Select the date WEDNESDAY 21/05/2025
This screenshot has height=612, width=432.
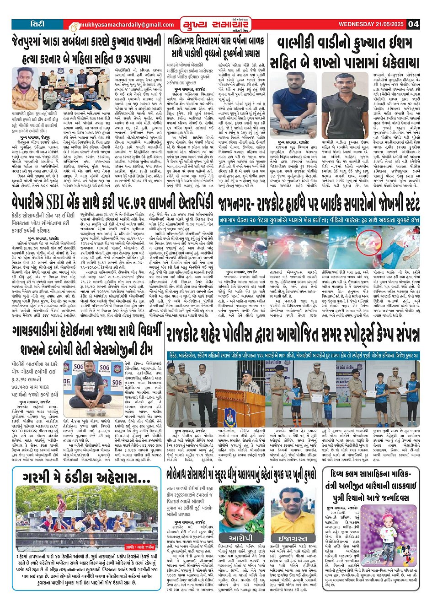(x=372, y=24)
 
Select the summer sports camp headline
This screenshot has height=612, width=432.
(x=293, y=335)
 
